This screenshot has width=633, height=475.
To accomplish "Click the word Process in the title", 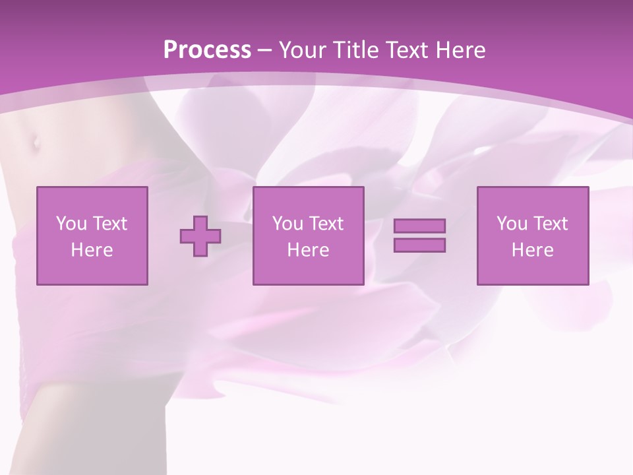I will point(207,50).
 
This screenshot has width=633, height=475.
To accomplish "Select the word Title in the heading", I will point(353,50).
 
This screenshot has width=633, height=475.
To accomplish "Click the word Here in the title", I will point(461,50).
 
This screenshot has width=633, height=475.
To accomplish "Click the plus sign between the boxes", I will point(200,236).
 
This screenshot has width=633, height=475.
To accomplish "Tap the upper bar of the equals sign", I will point(419,226).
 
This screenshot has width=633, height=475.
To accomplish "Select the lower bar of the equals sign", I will point(419,245).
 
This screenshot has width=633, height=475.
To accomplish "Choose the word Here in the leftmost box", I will point(92,250).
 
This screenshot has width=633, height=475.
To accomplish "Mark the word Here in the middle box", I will point(308,250).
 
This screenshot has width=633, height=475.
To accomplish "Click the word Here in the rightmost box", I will point(532,250).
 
